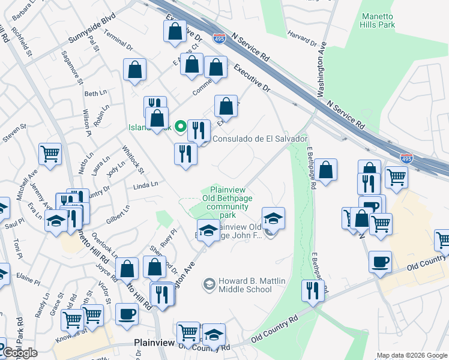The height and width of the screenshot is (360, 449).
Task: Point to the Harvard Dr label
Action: pos(302,37)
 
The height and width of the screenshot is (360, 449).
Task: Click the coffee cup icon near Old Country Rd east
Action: pos(381,262)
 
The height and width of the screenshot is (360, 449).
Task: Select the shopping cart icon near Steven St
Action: pos(50,153)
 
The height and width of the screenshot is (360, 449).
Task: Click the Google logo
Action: pos(20,353)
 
